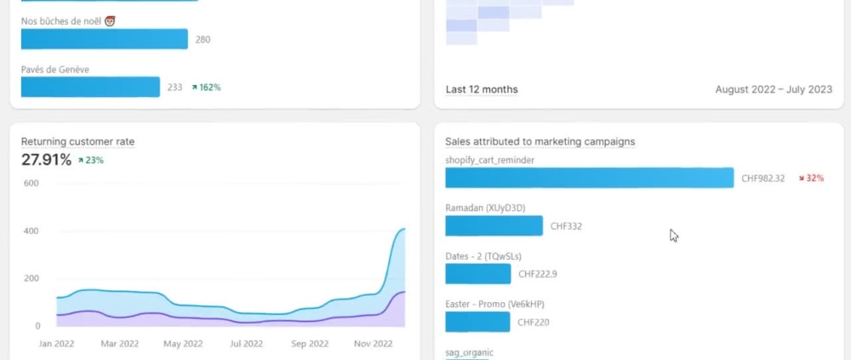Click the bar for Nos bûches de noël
point(104,39)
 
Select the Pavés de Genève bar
point(91,87)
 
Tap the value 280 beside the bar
point(203,40)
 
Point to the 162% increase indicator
point(206,87)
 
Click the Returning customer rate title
point(77,142)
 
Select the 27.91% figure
point(46,160)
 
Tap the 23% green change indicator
point(91,160)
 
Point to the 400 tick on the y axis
point(32,231)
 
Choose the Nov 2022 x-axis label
point(373,344)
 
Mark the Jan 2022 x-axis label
point(56,344)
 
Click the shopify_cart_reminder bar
point(590,178)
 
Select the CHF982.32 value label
point(763,178)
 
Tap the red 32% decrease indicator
point(811,178)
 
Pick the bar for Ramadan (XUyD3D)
point(494,226)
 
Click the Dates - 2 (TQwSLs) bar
point(478,274)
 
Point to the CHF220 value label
point(534,322)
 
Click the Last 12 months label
point(482,89)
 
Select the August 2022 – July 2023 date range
point(774,89)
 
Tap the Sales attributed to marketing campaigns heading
point(540,142)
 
